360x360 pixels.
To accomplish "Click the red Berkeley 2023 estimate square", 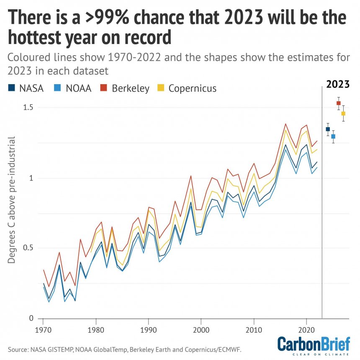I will coord(338,103).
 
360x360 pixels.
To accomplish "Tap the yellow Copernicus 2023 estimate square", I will coord(343,113).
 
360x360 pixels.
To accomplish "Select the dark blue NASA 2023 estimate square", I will coord(328,129).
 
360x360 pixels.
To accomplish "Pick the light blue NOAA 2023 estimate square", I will coord(333,136).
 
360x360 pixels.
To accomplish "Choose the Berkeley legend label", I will coord(131,89).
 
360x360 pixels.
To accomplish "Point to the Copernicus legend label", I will coord(192,88).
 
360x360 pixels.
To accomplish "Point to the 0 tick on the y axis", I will coord(31,319).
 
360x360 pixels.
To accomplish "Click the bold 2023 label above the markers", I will coord(338,84).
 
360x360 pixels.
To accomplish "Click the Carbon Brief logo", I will coord(314,346).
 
